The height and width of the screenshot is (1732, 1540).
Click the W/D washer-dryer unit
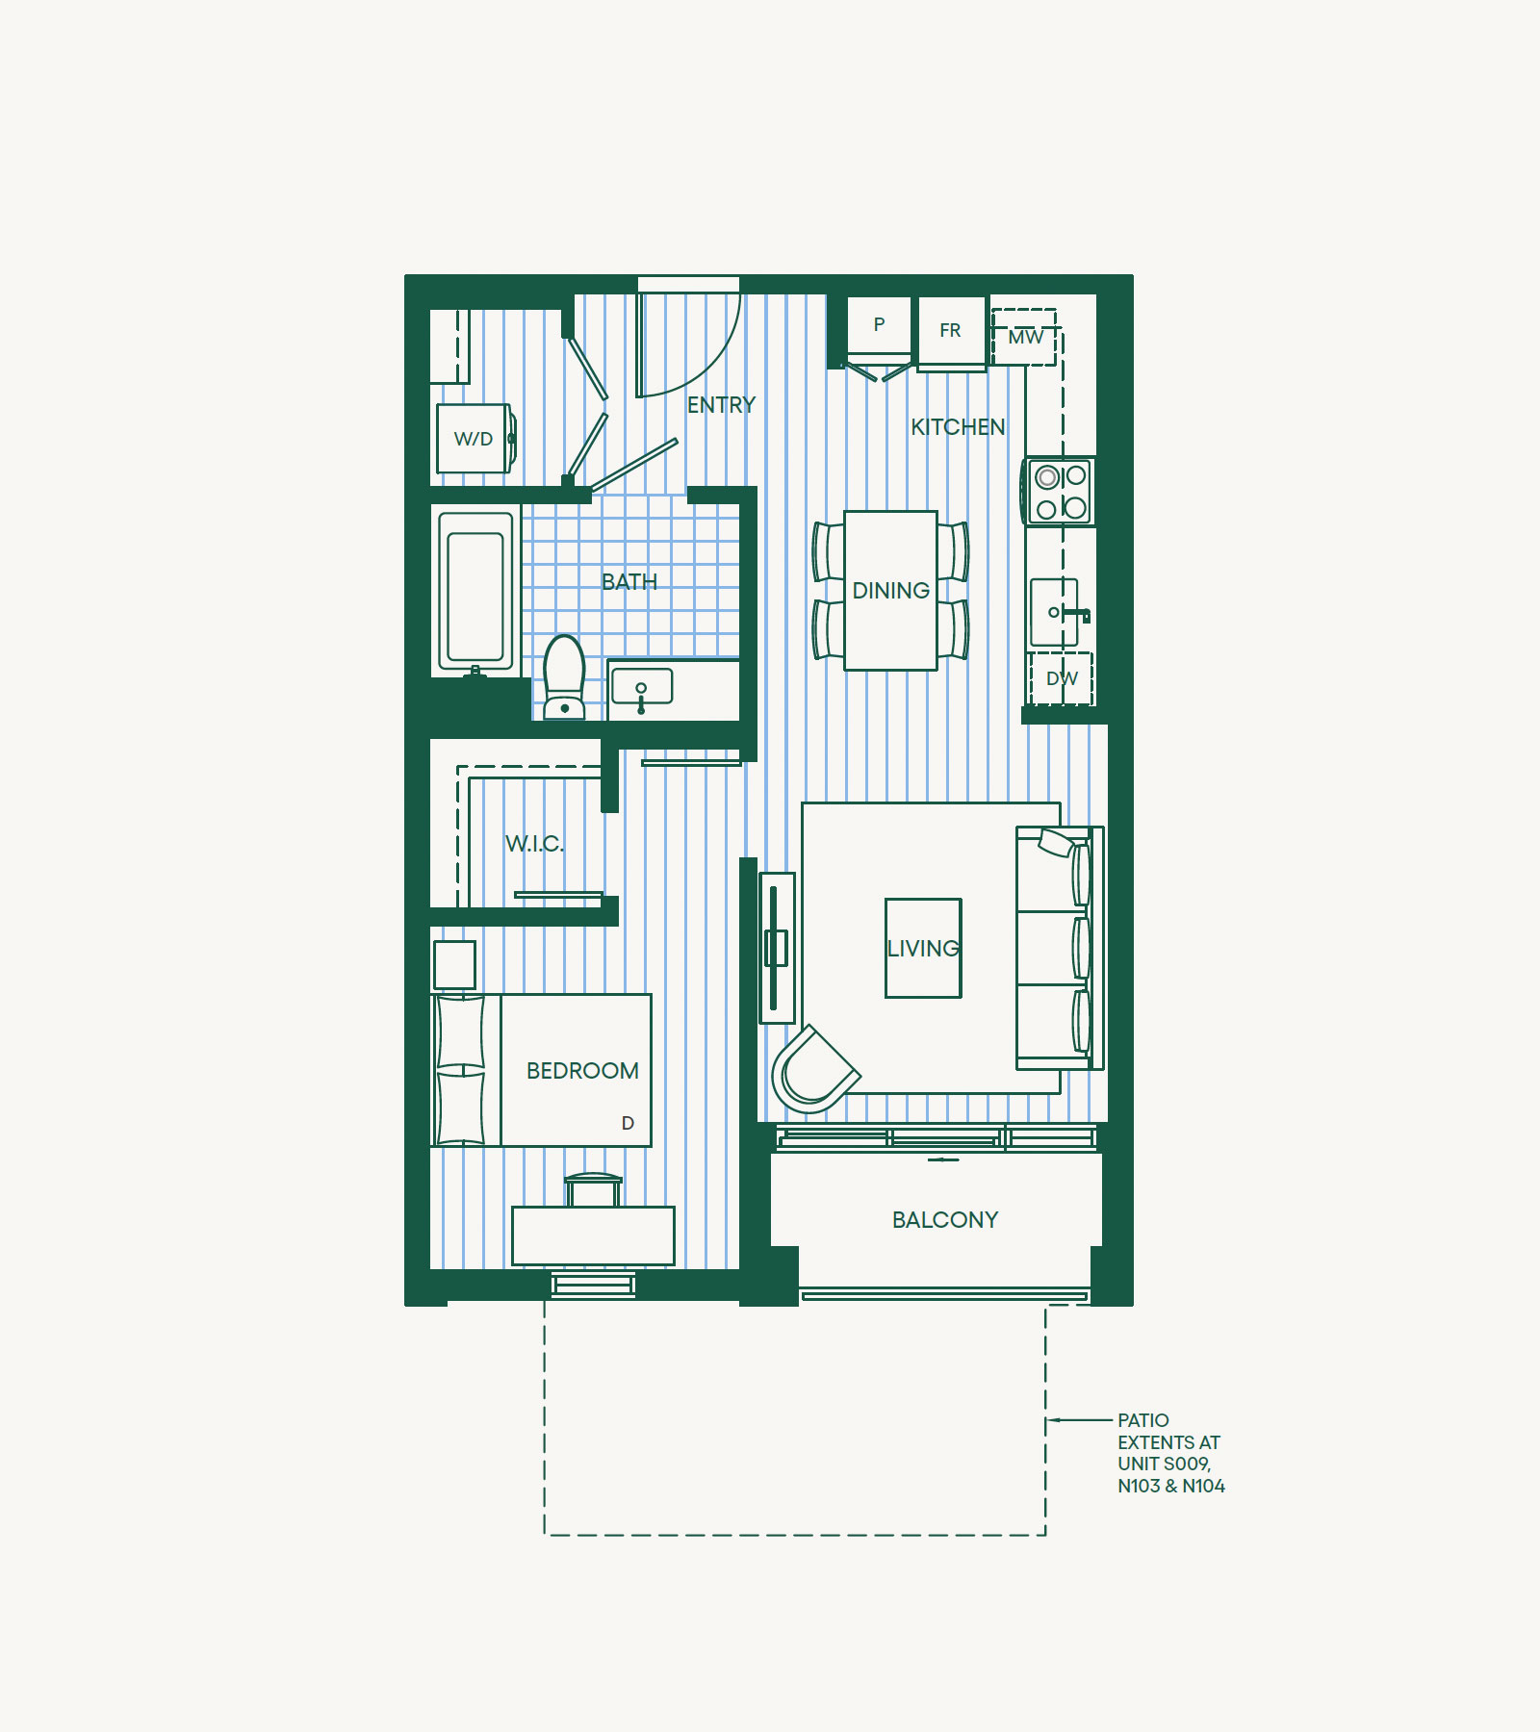[x=475, y=439]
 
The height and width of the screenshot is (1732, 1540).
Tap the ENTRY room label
[x=721, y=405]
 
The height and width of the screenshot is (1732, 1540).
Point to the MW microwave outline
[x=1024, y=337]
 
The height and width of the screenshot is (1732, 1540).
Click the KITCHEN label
[x=958, y=427]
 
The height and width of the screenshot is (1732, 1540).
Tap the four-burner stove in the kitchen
[x=1059, y=492]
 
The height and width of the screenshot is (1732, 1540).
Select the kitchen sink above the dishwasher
[x=1058, y=612]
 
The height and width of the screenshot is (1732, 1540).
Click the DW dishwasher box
[x=1061, y=678]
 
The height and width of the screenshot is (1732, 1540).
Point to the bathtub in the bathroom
[x=475, y=591]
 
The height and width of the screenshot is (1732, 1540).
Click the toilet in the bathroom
[x=565, y=677]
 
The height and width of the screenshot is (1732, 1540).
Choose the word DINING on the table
[x=891, y=591]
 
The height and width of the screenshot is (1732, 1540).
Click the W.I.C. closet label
[x=535, y=844]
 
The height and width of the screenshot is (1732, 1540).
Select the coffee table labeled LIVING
[x=923, y=948]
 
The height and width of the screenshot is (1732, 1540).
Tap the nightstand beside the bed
[x=454, y=965]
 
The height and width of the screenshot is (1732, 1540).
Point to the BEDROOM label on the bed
[x=582, y=1071]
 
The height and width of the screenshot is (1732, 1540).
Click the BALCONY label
[x=945, y=1220]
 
